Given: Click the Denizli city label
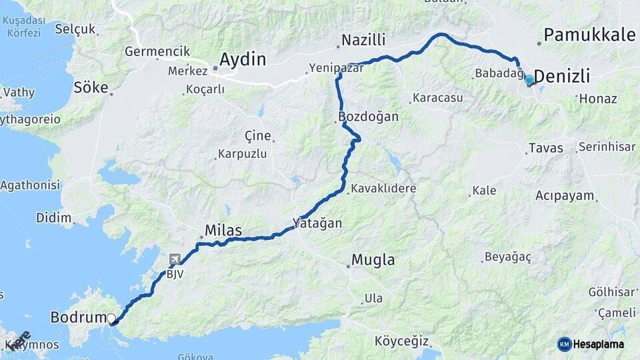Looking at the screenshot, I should pyautogui.click(x=562, y=77).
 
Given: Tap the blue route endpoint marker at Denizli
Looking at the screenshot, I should pyautogui.click(x=529, y=81).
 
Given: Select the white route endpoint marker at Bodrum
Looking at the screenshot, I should pyautogui.click(x=111, y=319).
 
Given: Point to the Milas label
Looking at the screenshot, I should pyautogui.click(x=223, y=231).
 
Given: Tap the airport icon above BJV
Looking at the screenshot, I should pyautogui.click(x=175, y=259).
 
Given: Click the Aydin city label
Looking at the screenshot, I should pyautogui.click(x=243, y=59).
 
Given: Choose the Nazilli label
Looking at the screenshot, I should pyautogui.click(x=363, y=41).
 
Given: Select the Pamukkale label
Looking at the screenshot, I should pyautogui.click(x=589, y=35).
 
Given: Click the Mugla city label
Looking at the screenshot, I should pyautogui.click(x=373, y=260).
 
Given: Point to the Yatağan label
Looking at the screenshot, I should pyautogui.click(x=317, y=223).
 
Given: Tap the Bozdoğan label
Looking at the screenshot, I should pyautogui.click(x=369, y=117).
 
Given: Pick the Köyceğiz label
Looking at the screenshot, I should pyautogui.click(x=401, y=341).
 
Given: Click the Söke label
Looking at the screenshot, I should pyautogui.click(x=91, y=87).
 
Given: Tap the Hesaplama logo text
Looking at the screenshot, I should pyautogui.click(x=599, y=344).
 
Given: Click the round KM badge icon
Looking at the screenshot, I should pyautogui.click(x=564, y=344).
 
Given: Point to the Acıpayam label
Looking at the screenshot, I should pyautogui.click(x=564, y=196).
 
